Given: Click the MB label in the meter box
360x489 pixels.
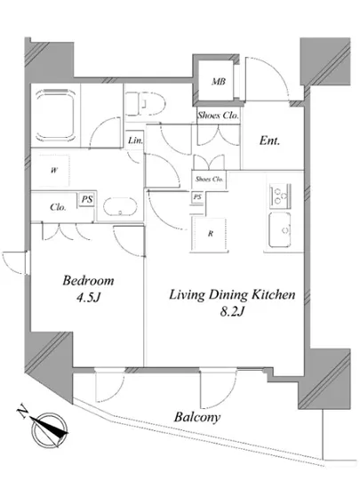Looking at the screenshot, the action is [x=219, y=82].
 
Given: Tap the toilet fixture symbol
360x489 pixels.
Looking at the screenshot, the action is [x=145, y=103].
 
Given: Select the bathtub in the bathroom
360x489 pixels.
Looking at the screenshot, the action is [x=55, y=116].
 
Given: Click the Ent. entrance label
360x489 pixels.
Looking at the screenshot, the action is [x=269, y=141].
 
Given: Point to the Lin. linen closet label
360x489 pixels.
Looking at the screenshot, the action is [x=136, y=140].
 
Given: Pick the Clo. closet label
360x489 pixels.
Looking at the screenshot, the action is [x=58, y=207].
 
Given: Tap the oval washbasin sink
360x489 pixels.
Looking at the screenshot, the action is [x=120, y=206].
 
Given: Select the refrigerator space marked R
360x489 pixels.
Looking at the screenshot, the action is [x=209, y=234].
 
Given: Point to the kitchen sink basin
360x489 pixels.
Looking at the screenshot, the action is [x=280, y=230].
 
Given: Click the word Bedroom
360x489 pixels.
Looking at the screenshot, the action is [x=88, y=280].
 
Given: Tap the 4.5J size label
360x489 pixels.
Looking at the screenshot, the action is [x=88, y=298].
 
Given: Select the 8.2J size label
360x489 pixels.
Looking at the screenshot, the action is [x=232, y=311].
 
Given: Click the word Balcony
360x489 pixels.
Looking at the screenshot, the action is [x=197, y=417].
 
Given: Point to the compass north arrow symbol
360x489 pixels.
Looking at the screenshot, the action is [x=50, y=429].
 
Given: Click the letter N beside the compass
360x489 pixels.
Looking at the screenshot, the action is [x=22, y=413].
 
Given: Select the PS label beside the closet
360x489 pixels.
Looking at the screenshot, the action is [x=87, y=198].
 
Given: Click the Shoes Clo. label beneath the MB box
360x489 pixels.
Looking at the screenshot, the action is [x=218, y=116].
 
